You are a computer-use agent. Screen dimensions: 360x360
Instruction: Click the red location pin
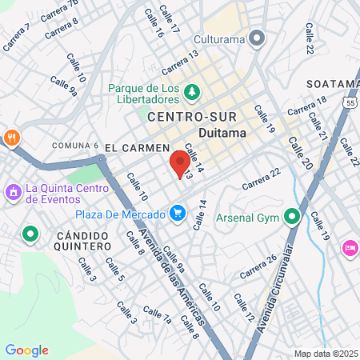[177, 164]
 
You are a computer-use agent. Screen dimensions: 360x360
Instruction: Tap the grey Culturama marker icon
[257, 37]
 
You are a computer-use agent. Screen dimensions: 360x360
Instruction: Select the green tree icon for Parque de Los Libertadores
[192, 93]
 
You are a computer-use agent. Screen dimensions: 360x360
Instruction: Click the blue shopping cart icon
[178, 214]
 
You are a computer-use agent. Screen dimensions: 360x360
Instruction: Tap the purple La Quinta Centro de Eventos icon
[13, 193]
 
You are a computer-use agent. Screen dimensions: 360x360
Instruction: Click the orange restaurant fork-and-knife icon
[11, 137]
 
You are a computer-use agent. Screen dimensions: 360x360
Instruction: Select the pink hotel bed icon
[350, 248]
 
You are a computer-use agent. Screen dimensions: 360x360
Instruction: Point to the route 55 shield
[352, 102]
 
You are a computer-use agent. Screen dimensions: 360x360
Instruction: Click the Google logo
[26, 350]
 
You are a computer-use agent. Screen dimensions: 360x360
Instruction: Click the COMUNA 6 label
[74, 146]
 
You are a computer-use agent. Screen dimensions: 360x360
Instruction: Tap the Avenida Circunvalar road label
[281, 284]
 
